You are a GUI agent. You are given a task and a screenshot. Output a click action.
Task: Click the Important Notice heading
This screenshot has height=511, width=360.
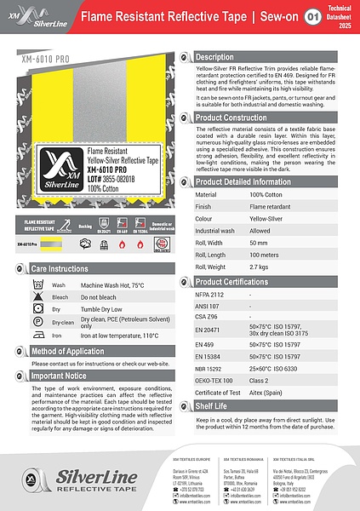point(60,375)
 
